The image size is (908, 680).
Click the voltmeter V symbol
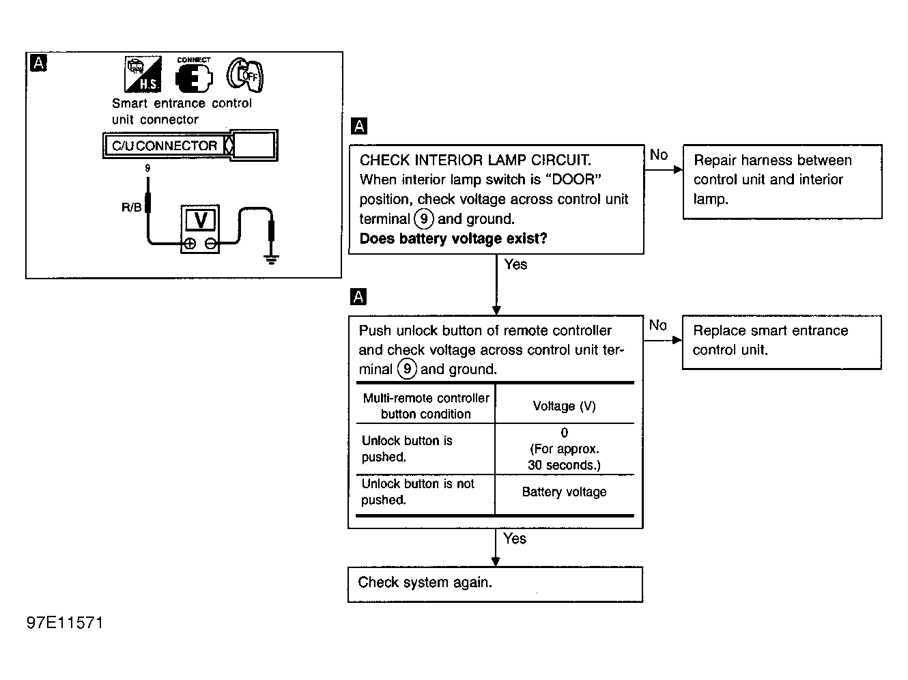(x=201, y=220)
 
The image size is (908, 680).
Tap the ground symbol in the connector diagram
(x=272, y=259)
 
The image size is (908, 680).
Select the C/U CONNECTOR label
(x=165, y=145)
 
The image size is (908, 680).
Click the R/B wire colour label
(x=131, y=207)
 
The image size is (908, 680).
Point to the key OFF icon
(x=245, y=75)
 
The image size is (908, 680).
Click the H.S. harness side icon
(x=143, y=74)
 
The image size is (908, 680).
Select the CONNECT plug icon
(x=194, y=76)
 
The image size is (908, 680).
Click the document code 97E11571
(x=66, y=623)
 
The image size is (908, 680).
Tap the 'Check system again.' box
(x=495, y=584)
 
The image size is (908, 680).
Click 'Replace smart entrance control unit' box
(x=782, y=341)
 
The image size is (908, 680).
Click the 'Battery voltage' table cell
(x=564, y=492)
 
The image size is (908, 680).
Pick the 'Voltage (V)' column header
(x=564, y=406)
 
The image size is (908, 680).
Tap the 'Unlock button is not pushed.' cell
(x=418, y=492)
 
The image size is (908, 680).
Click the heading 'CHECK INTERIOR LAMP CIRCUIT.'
(x=475, y=160)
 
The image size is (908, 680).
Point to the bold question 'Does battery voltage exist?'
(x=453, y=239)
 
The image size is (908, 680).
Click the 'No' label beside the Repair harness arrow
(x=659, y=155)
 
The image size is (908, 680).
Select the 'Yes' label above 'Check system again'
(x=515, y=539)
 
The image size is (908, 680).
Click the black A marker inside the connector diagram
(x=40, y=63)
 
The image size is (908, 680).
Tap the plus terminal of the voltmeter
(x=190, y=244)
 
